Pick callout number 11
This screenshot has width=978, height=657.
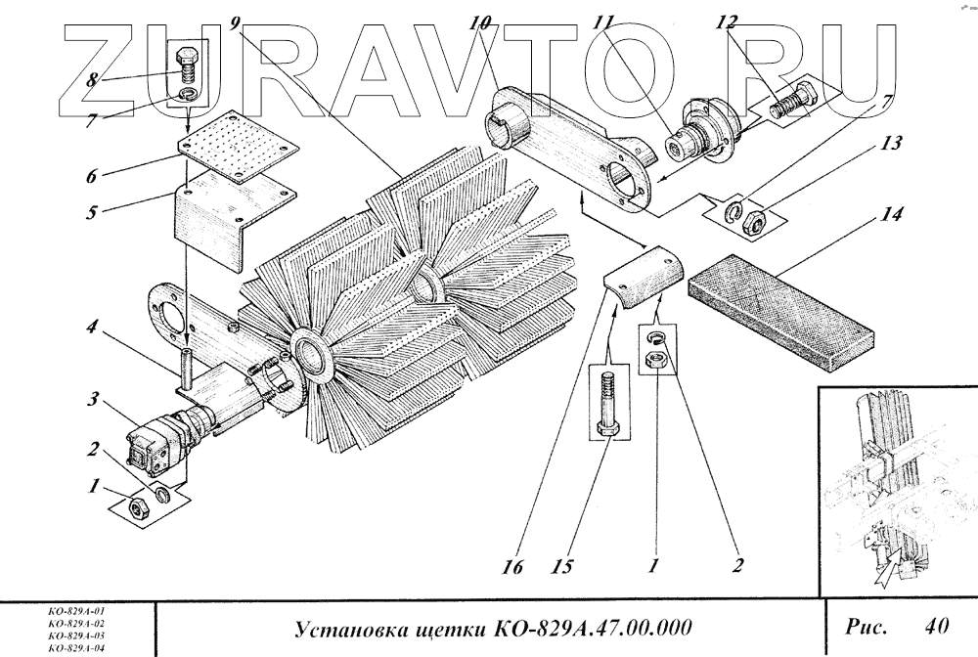click(603, 22)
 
